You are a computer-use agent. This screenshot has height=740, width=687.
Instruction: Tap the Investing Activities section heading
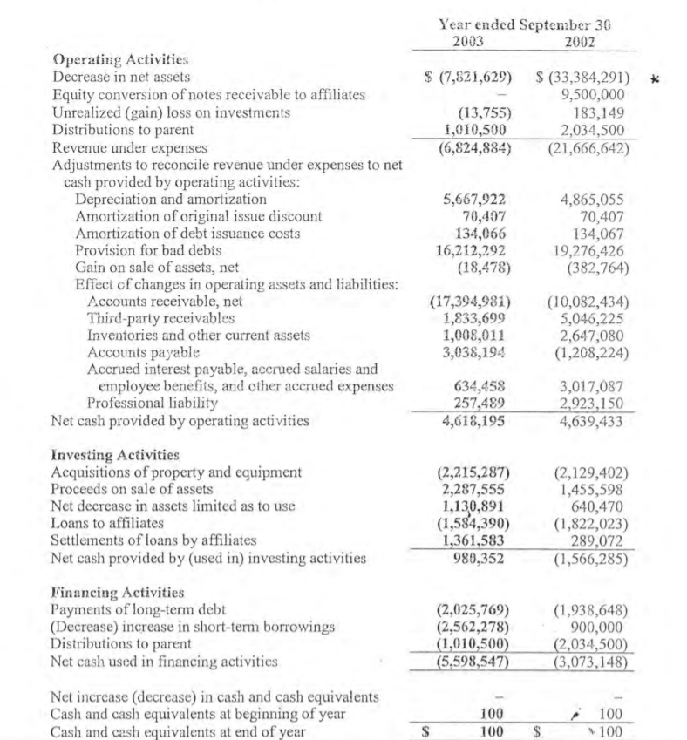pos(117,454)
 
